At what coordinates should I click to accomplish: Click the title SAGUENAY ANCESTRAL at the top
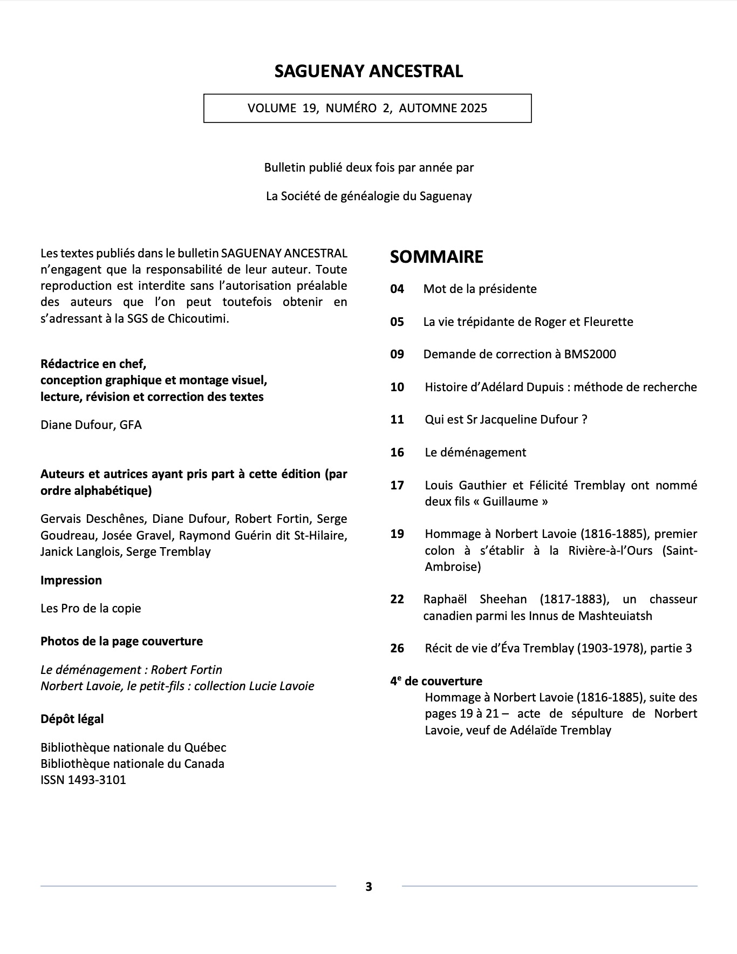pos(368,71)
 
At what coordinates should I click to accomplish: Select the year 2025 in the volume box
pos(474,108)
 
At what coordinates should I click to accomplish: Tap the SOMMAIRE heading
pos(436,257)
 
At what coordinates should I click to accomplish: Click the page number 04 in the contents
pos(397,289)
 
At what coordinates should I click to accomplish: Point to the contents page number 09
pos(397,355)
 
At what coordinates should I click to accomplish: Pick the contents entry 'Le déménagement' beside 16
pos(475,453)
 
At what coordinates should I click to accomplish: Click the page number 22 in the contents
pos(397,599)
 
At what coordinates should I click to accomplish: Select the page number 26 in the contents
pos(397,649)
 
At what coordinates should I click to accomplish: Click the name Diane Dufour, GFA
pos(91,425)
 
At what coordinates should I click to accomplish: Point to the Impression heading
pos(71,581)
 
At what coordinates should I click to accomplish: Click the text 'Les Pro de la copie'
pos(91,609)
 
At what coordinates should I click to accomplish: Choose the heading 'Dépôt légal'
pos(72,719)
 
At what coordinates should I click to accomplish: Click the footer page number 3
pos(368,887)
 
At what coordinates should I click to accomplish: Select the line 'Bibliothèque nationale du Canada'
pos(132,764)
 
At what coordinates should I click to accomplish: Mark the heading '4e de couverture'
pos(436,682)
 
